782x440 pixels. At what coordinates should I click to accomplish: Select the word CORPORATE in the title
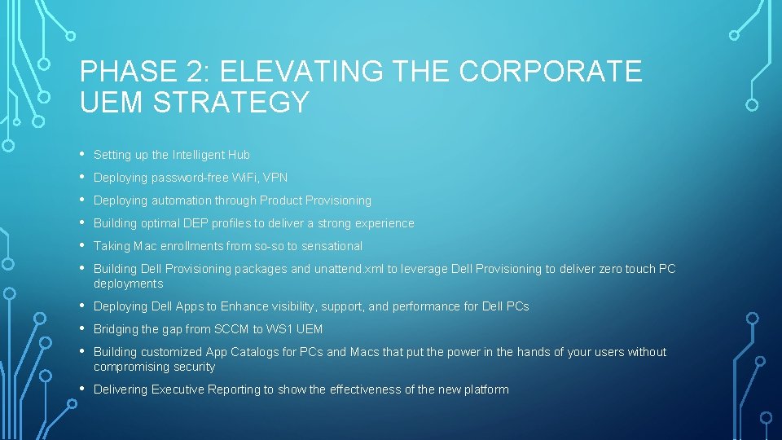551,72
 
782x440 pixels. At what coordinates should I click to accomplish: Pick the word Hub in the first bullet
239,155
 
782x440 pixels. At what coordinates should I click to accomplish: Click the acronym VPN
275,178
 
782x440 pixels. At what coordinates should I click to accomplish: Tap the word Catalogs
253,352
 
